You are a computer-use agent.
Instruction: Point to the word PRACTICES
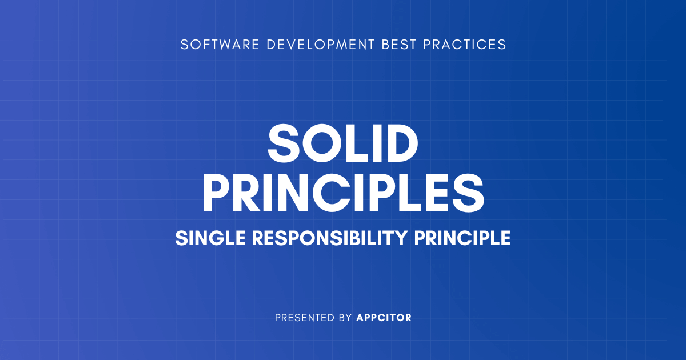point(465,45)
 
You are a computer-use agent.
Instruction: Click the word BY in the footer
point(345,318)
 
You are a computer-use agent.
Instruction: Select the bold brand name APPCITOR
point(384,318)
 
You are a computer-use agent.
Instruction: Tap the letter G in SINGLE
point(214,238)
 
